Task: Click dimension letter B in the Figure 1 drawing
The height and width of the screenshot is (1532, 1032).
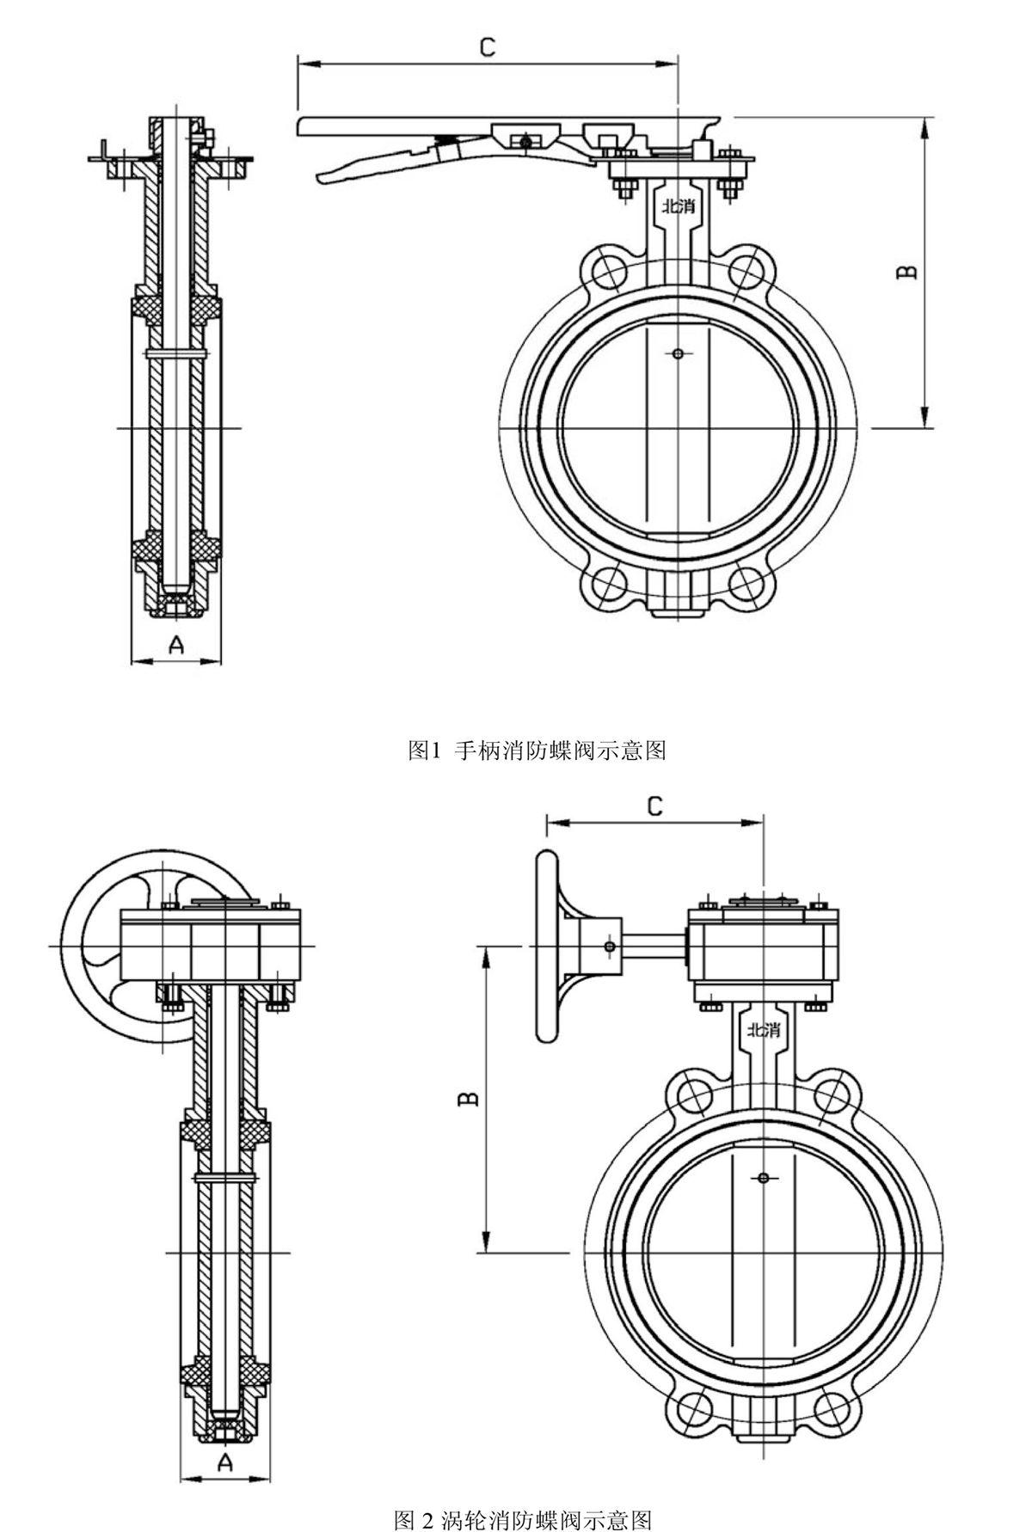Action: (906, 272)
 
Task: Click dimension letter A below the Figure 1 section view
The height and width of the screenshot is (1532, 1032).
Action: (175, 644)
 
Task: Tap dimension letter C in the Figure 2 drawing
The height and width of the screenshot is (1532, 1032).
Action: (654, 806)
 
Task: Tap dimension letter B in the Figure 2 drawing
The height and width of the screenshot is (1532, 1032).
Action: (469, 1099)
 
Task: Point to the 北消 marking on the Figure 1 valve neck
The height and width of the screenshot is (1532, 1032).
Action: (678, 206)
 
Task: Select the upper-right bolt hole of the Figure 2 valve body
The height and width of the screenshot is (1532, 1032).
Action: (832, 1094)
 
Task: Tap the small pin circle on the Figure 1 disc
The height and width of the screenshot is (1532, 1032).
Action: (678, 353)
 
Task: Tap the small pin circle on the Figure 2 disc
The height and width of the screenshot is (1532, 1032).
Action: (763, 1177)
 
